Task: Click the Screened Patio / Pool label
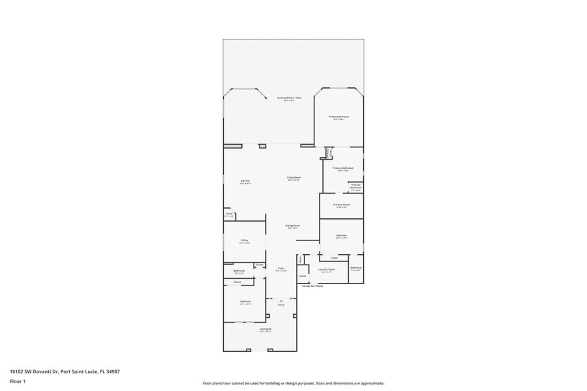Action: (x=290, y=98)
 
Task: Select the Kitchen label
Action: (x=245, y=181)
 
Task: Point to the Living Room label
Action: (x=293, y=177)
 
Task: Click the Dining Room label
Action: (x=292, y=225)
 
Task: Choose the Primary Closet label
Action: (x=340, y=205)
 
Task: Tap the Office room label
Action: (x=245, y=240)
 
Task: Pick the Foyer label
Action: (x=281, y=268)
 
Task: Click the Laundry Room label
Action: (x=327, y=268)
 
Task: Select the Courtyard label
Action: (x=265, y=329)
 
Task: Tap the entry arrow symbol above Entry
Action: (x=281, y=300)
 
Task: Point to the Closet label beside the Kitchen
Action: (x=229, y=213)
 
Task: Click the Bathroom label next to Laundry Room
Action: (x=356, y=268)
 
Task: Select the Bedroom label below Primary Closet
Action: (x=341, y=235)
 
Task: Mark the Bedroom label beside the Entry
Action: (x=245, y=301)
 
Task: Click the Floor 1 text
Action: (x=17, y=381)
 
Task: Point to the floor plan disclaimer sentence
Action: (x=293, y=383)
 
